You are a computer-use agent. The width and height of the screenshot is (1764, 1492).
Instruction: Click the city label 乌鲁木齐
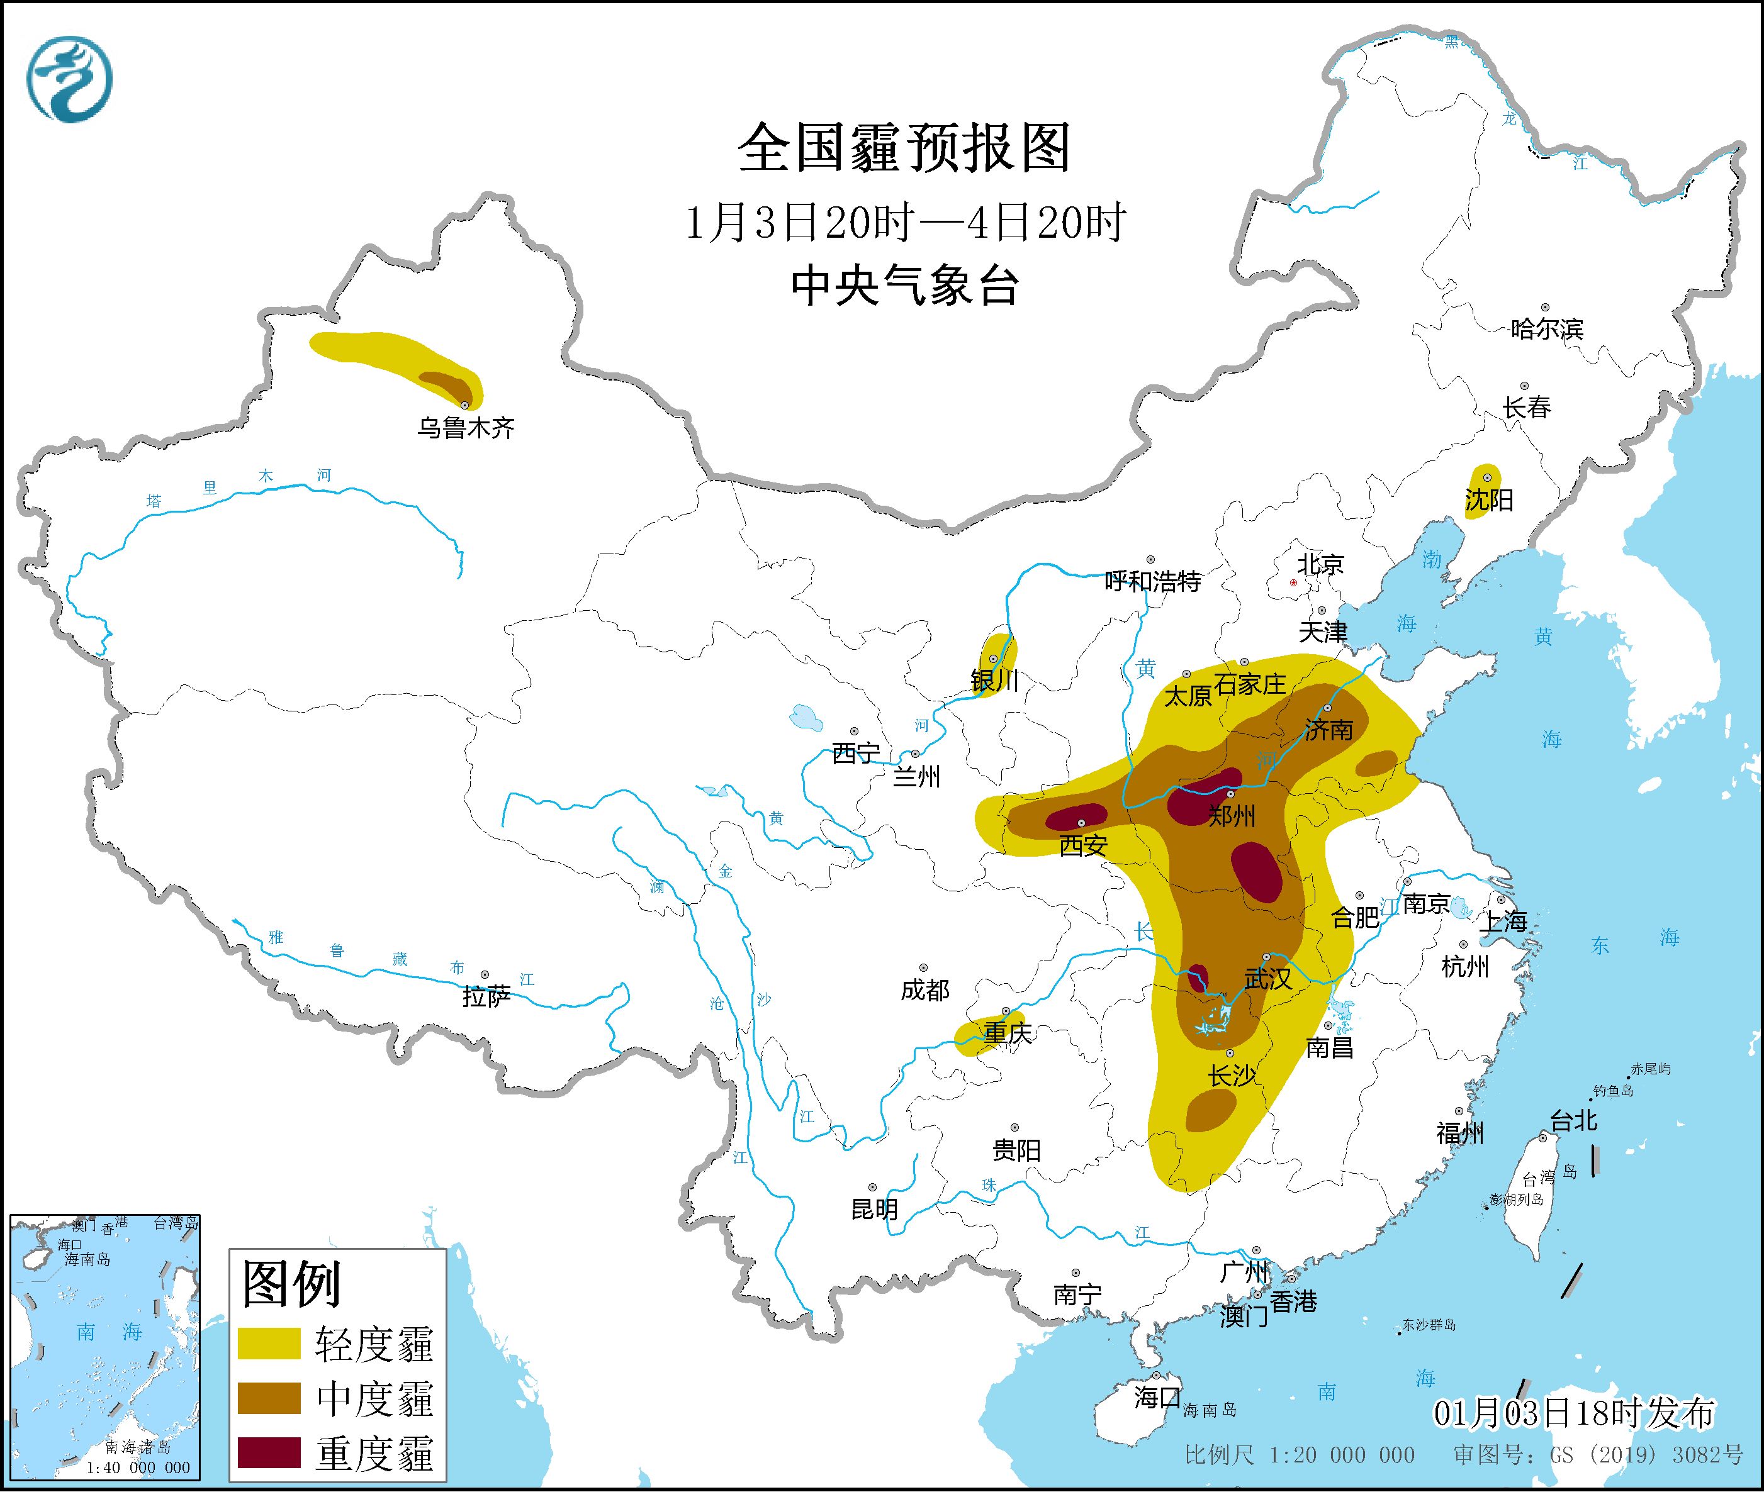pyautogui.click(x=465, y=428)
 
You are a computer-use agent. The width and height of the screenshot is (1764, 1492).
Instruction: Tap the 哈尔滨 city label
pyautogui.click(x=1546, y=329)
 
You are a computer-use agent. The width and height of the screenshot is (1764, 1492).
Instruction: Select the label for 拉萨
pyautogui.click(x=486, y=996)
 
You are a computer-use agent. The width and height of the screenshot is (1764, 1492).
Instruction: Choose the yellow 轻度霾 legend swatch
pyautogui.click(x=269, y=1343)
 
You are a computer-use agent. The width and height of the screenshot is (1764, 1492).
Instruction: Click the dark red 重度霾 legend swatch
pyautogui.click(x=269, y=1452)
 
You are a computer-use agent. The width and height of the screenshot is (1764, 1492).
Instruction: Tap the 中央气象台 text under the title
pyautogui.click(x=904, y=286)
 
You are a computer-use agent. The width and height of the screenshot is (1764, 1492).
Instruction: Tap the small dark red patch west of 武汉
pyautogui.click(x=1198, y=976)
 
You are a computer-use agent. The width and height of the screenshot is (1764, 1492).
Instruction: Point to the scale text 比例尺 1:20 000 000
pyautogui.click(x=1299, y=1455)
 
